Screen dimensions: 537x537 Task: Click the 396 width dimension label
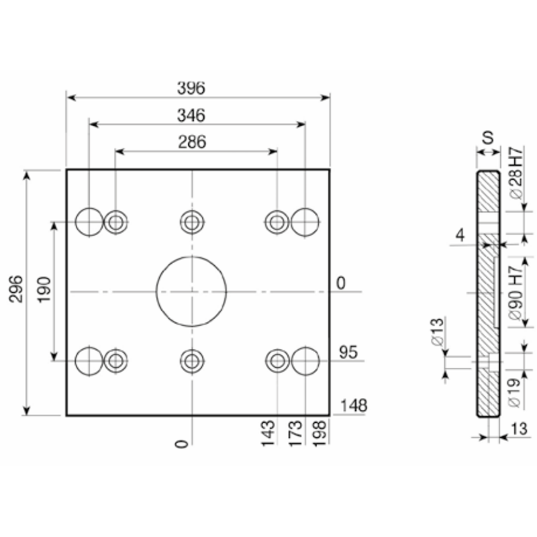pyautogui.click(x=191, y=88)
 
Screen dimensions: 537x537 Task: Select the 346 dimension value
pyautogui.click(x=191, y=115)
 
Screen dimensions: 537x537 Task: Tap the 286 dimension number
pyautogui.click(x=192, y=142)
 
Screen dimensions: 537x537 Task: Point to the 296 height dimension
pyautogui.click(x=15, y=289)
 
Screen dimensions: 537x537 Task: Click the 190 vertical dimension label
pyautogui.click(x=44, y=290)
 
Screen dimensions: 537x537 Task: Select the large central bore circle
pyautogui.click(x=191, y=256)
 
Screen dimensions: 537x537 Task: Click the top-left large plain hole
pyautogui.click(x=89, y=208)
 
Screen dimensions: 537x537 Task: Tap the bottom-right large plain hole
pyautogui.click(x=305, y=347)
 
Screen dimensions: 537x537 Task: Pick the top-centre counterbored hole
pyautogui.click(x=192, y=210)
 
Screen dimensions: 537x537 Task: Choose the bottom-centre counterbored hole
pyautogui.click(x=192, y=349)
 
